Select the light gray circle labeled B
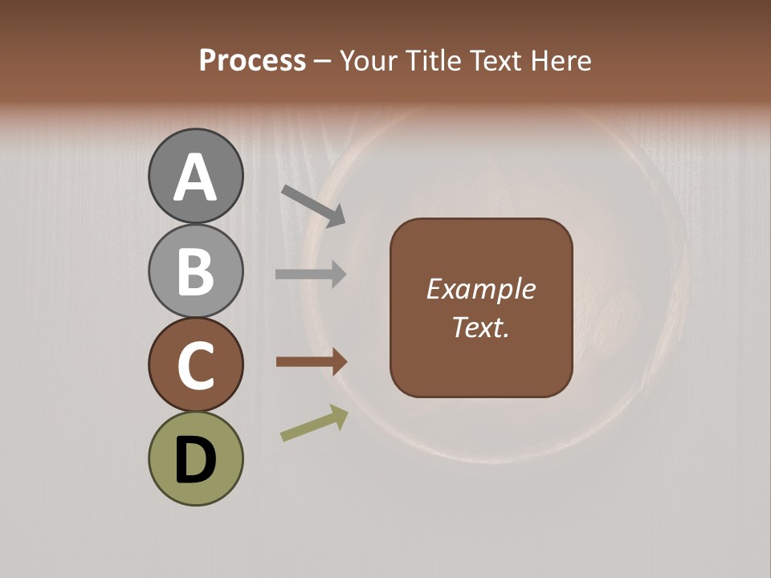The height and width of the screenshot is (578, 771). point(195,271)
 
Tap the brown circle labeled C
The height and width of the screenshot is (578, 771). point(195,365)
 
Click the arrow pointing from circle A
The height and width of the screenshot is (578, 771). point(313,206)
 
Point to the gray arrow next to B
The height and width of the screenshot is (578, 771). point(311,275)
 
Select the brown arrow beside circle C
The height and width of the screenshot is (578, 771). point(312,362)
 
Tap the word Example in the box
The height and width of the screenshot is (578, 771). point(481,289)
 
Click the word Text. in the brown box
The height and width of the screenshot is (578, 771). point(481,328)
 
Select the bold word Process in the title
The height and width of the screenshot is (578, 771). point(253,60)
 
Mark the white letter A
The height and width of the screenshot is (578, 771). point(195,177)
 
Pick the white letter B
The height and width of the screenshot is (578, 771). point(195,271)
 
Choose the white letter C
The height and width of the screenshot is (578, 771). point(195,366)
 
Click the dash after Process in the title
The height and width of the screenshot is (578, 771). point(322,61)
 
